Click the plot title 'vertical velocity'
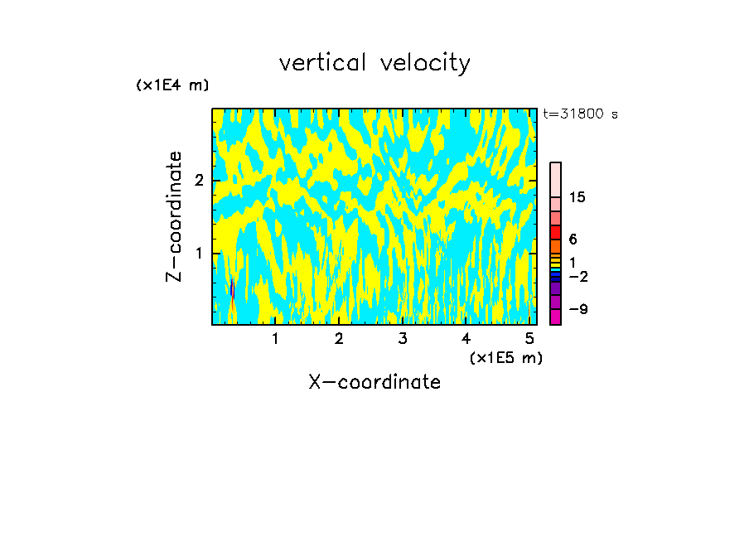374,63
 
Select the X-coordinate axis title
374,382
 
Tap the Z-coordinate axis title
174,216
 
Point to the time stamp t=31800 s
581,114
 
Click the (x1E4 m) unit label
172,85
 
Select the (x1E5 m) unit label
505,357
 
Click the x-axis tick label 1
275,338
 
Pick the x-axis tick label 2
339,338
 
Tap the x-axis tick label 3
403,338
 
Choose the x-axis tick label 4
466,338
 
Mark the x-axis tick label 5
530,338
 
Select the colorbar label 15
577,197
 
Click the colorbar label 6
573,239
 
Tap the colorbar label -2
577,276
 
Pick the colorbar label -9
577,309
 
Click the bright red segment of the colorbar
555,232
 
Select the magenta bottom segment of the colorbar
555,317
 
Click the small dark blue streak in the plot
232,288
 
